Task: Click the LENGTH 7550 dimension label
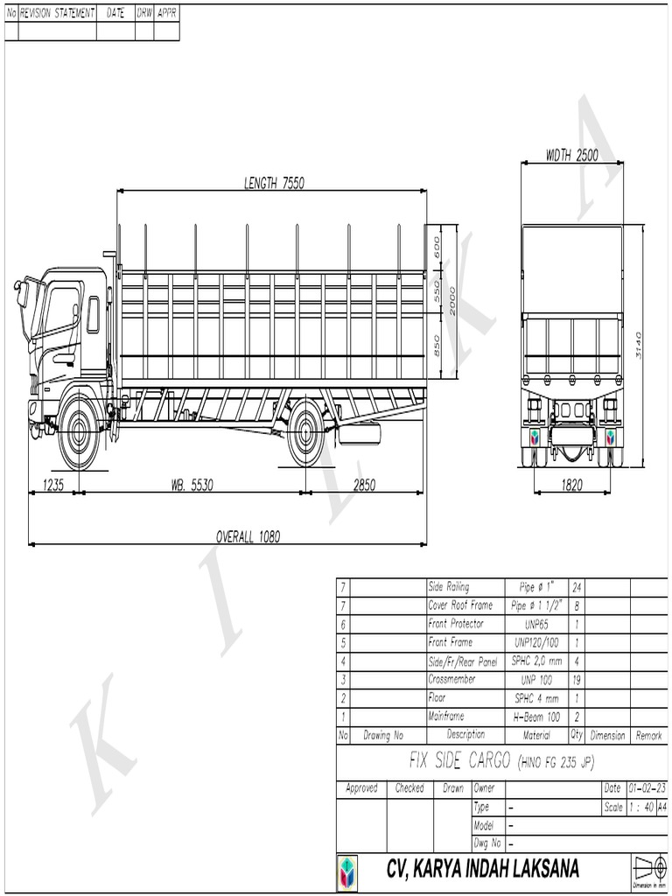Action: [274, 184]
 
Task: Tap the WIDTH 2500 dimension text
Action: [571, 155]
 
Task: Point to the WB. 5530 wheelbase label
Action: [191, 485]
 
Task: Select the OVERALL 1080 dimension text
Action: [248, 536]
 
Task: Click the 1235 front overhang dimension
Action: [52, 485]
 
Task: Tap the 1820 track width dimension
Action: [571, 486]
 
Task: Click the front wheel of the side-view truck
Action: [79, 432]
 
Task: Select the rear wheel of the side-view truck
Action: [305, 432]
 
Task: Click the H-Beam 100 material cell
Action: [535, 717]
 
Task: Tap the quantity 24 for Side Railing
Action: [577, 587]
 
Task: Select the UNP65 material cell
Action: [535, 625]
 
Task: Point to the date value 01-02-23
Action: [647, 788]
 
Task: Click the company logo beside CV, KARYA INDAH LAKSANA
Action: [346, 872]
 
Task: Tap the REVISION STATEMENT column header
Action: [57, 13]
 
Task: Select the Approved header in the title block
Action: [361, 788]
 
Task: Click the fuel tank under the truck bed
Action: [360, 433]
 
